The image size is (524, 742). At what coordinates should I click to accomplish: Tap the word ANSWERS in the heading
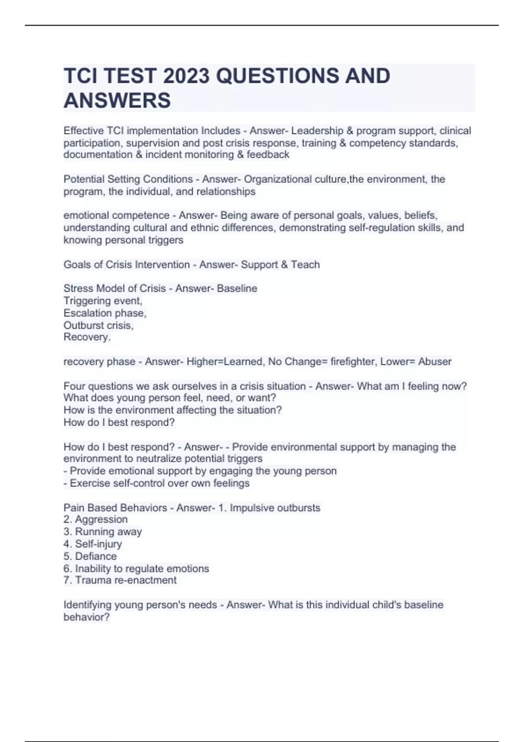pos(117,100)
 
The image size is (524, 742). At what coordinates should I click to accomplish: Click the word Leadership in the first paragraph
pos(317,131)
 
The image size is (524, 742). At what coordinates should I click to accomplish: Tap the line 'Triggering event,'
pos(103,301)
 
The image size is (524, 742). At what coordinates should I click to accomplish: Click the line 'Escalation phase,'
pos(105,313)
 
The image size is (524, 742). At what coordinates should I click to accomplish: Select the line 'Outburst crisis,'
pos(98,325)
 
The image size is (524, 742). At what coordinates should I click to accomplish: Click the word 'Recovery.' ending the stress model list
pos(87,337)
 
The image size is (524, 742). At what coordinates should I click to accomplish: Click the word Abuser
pos(434,361)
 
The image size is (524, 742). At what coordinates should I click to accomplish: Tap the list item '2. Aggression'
pos(96,519)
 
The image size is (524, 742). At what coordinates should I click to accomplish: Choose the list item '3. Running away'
pos(103,532)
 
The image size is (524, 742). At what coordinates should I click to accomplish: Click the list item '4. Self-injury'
pos(93,544)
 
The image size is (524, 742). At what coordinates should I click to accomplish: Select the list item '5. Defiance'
pos(90,556)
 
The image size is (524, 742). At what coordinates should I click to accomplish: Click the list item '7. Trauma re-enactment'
pos(120,580)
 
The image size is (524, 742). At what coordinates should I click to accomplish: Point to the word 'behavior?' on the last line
pos(86,617)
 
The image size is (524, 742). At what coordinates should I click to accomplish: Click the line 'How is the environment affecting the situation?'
pos(172,410)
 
